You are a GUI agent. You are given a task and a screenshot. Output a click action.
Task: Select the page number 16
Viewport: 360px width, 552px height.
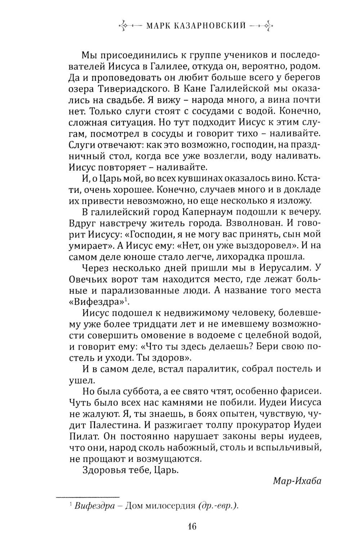click(x=192, y=526)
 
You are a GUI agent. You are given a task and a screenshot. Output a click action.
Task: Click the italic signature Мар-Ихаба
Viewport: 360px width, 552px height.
click(x=297, y=481)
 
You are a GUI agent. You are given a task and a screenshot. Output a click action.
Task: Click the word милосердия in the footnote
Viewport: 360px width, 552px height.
click(x=170, y=506)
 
